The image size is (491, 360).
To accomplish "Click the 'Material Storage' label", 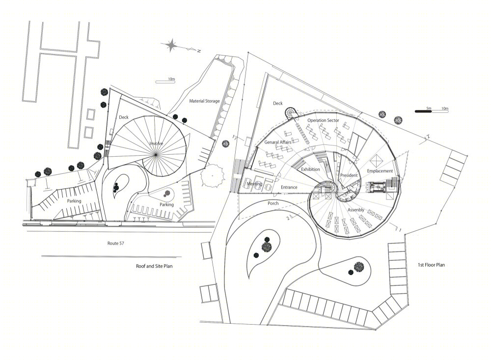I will click(204, 101).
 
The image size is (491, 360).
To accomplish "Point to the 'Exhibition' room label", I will click(310, 169).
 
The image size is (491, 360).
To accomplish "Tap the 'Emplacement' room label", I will click(380, 171).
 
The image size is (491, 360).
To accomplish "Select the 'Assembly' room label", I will click(356, 210).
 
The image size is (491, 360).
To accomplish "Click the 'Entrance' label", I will click(289, 187).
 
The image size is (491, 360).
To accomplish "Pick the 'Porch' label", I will click(273, 203).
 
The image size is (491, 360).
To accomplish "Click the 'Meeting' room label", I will click(254, 184).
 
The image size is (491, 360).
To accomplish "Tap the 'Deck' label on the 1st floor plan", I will click(278, 104).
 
